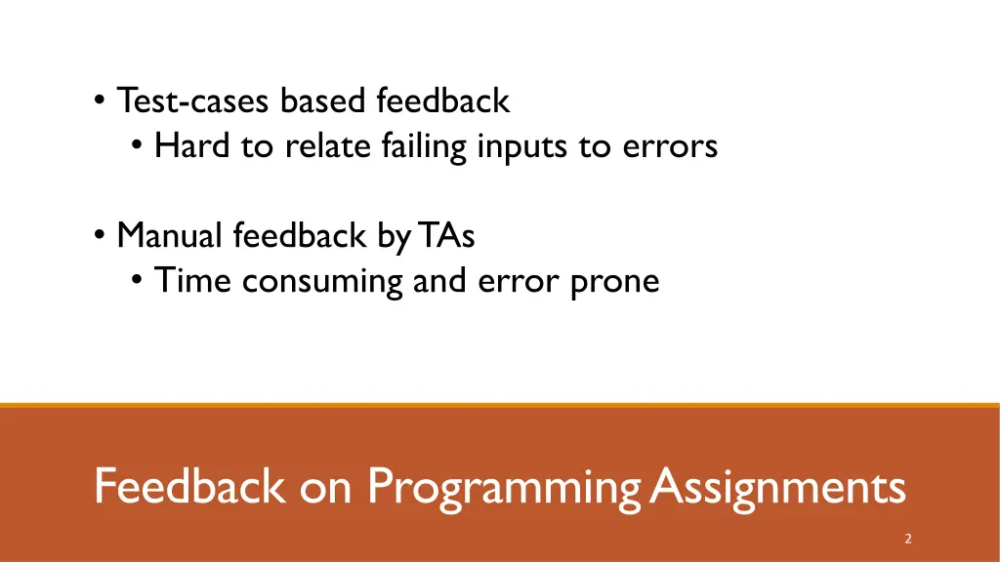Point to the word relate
[x=319, y=146]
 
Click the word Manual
[x=170, y=235]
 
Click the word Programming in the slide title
[x=504, y=486]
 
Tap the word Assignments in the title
[x=777, y=486]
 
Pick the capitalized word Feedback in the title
[x=190, y=486]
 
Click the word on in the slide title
[x=325, y=486]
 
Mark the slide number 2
[x=908, y=539]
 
